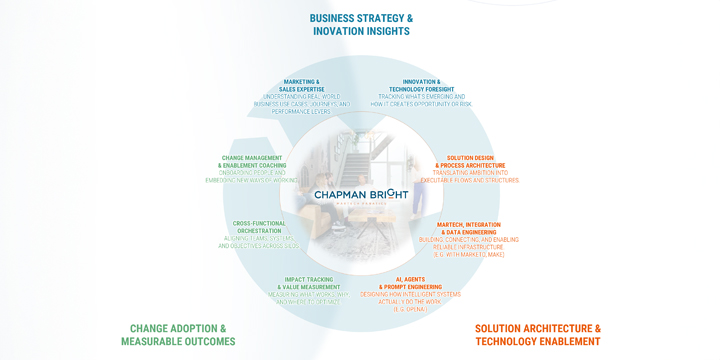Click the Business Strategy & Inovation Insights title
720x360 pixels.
361,25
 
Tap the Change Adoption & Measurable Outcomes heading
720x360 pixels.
178,335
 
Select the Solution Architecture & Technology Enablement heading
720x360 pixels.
537,335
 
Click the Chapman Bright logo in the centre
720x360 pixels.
360,195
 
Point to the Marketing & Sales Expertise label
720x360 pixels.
301,86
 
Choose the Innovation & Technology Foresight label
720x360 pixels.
421,86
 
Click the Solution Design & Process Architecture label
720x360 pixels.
469,162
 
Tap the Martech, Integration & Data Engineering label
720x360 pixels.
469,229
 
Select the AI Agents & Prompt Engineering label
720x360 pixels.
410,283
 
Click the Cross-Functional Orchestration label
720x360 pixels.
259,227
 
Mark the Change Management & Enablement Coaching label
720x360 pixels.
254,162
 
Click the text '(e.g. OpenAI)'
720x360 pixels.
410,309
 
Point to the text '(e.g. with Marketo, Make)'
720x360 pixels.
469,255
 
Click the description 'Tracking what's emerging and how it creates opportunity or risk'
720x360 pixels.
421,100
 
